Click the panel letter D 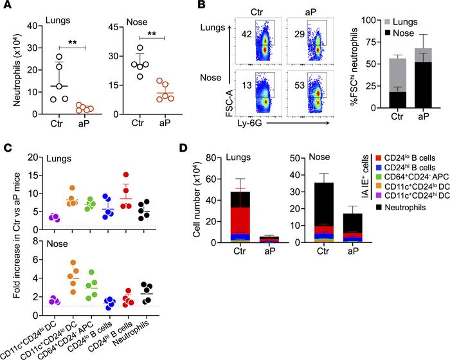point(183,148)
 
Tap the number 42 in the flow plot point(246,34)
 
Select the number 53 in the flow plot point(300,85)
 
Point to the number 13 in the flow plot point(246,85)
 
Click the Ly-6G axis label point(249,123)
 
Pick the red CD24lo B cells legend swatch point(378,157)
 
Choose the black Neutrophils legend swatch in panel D point(378,207)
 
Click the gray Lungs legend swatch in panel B point(387,22)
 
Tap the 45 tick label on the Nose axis point(114,27)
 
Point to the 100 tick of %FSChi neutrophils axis point(369,20)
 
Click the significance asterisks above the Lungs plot point(72,43)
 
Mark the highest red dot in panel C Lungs point(126,175)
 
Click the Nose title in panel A point(137,22)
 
